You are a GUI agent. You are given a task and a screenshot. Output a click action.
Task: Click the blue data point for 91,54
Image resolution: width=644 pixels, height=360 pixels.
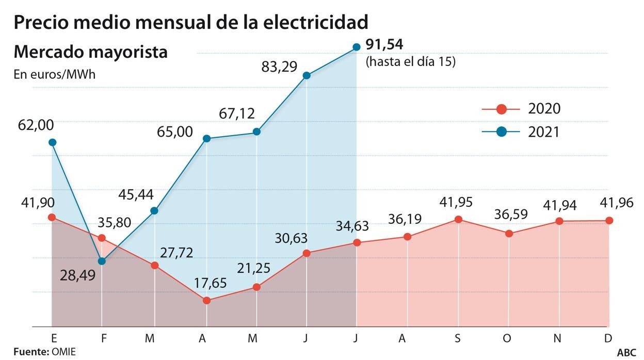pyautogui.click(x=356, y=47)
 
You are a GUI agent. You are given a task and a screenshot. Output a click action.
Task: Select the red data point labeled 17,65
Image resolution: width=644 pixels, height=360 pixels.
pyautogui.click(x=206, y=300)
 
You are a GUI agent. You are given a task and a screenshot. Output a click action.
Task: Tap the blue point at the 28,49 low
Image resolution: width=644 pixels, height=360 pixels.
pyautogui.click(x=102, y=261)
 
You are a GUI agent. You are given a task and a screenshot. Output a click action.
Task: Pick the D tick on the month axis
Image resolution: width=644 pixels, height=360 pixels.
pyautogui.click(x=608, y=338)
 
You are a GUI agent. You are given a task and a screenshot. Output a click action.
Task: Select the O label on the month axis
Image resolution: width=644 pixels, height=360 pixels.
pyautogui.click(x=508, y=338)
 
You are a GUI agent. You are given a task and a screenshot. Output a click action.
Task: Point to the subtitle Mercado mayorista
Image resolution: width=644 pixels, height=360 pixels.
pyautogui.click(x=90, y=52)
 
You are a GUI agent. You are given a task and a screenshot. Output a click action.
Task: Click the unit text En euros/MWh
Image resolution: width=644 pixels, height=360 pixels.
pyautogui.click(x=54, y=74)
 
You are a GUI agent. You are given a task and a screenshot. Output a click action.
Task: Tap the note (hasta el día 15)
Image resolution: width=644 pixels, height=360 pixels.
pyautogui.click(x=410, y=61)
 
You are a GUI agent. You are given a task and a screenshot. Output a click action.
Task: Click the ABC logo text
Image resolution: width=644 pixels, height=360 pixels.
pyautogui.click(x=627, y=352)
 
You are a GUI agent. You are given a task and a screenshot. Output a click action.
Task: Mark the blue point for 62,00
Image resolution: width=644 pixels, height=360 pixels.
pyautogui.click(x=52, y=142)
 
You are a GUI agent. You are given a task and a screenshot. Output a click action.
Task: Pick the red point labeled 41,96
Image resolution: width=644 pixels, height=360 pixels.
pyautogui.click(x=609, y=220)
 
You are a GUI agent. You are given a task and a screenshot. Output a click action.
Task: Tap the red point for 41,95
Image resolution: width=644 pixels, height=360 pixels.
pyautogui.click(x=458, y=219)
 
